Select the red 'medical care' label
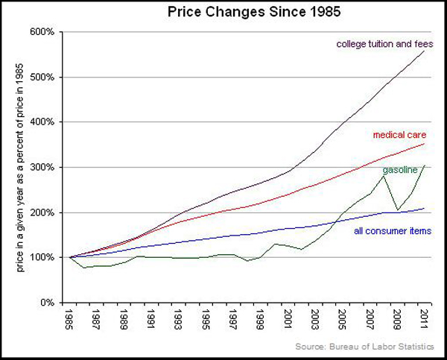[399, 135]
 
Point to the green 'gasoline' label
[399, 170]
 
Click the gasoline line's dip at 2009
[397, 210]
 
